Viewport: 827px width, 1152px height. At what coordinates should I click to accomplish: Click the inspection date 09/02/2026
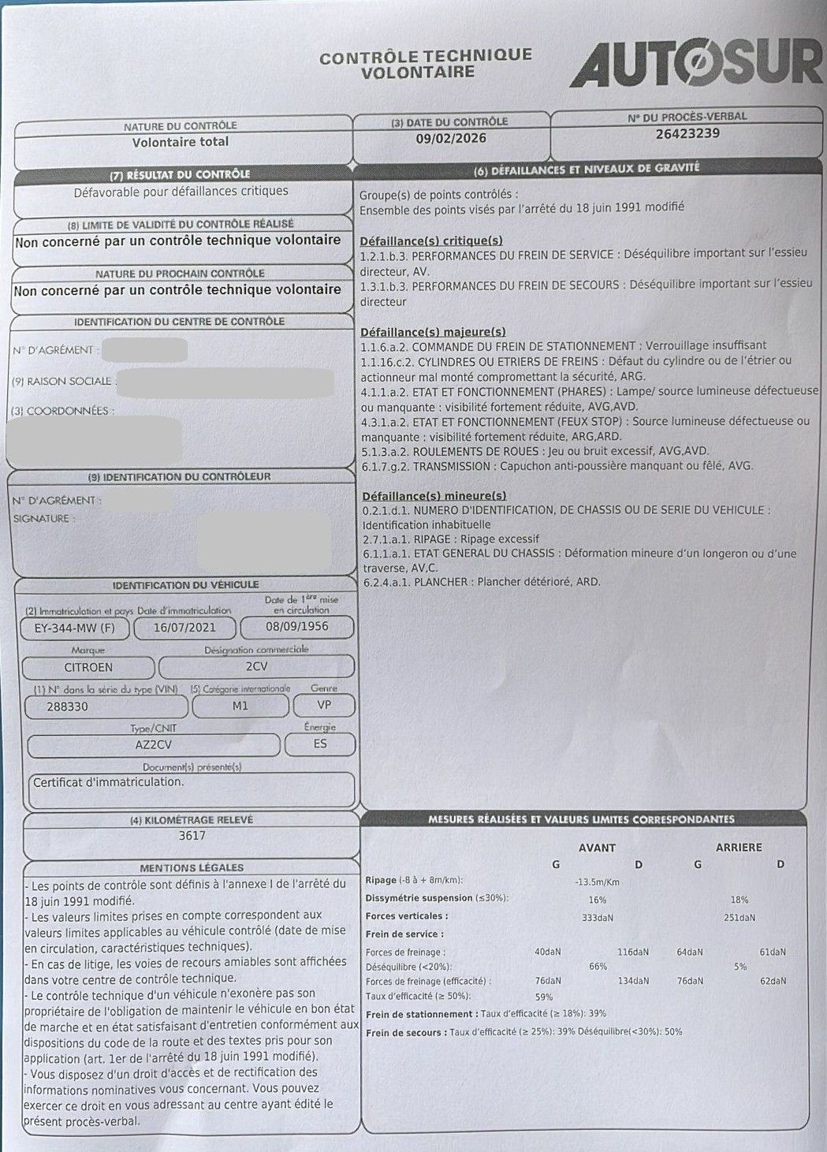coord(451,138)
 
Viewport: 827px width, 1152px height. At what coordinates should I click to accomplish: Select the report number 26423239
coord(687,133)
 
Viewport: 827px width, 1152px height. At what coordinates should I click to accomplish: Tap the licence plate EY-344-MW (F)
coord(70,628)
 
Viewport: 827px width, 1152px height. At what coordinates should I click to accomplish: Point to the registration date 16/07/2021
coord(184,628)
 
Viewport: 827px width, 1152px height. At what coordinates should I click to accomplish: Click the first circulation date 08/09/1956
coord(297,627)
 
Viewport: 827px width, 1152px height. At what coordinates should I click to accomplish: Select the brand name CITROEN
coord(88,666)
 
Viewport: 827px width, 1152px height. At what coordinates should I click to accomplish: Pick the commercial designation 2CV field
coord(256,666)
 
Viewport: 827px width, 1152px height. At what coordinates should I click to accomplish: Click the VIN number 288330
coord(68,706)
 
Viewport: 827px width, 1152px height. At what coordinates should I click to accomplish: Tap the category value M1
coord(240,706)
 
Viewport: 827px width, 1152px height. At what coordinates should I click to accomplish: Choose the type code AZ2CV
coord(154,744)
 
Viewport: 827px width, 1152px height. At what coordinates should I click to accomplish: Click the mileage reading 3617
coord(192,836)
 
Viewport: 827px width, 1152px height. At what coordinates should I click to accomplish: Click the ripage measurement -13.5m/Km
coord(598,882)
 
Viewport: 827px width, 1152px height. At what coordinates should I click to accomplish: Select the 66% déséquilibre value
coord(598,967)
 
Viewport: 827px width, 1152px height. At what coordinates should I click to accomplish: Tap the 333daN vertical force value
coord(598,917)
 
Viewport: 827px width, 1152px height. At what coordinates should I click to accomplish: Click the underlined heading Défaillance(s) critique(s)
coord(431,240)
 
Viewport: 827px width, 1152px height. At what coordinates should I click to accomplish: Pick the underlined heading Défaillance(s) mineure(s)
coord(434,495)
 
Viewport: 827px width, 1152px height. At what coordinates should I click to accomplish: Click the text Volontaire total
coord(181,142)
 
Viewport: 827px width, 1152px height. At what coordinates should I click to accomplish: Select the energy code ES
coord(319,744)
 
